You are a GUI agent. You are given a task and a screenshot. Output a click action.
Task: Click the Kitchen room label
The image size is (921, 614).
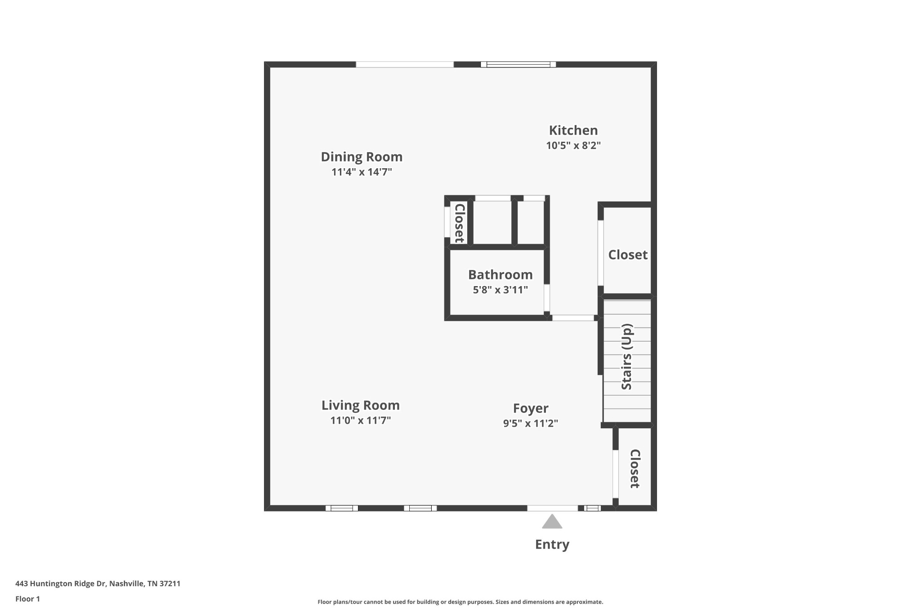pos(573,130)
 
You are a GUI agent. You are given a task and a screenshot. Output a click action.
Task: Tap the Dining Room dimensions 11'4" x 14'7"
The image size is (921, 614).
pos(362,172)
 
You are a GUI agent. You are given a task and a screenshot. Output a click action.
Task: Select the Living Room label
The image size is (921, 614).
pos(360,405)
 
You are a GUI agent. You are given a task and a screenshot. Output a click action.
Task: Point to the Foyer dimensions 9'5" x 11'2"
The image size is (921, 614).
pos(530,423)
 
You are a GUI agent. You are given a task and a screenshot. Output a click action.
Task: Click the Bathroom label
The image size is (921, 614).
pos(500,274)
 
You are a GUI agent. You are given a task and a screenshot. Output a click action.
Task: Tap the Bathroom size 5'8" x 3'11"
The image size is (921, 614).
pos(500,290)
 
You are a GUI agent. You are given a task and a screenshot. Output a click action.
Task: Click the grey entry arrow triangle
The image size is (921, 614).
pos(552,522)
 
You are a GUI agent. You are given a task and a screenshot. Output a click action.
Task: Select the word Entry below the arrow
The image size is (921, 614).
pos(552,544)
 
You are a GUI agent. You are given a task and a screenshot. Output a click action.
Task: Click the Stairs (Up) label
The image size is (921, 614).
pos(626,357)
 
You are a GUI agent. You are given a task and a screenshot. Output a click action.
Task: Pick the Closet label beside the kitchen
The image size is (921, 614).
pos(627,255)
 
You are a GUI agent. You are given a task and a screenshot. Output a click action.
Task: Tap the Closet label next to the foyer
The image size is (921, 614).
pos(635,469)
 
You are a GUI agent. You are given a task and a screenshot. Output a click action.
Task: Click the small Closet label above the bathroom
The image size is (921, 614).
pos(459,223)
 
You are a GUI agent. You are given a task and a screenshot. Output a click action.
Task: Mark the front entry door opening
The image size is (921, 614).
pos(552,508)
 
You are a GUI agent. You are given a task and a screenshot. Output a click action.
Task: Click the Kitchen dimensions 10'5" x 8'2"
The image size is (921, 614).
pos(573,146)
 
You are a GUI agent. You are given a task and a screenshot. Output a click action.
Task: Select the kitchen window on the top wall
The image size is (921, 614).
pos(518,64)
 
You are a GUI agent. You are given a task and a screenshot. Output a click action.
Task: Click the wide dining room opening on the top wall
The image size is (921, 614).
pos(404,64)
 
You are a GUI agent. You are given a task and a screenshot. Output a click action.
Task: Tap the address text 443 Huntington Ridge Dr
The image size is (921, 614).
pos(98,583)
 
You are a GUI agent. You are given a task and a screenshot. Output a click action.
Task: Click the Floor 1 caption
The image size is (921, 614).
pos(27,599)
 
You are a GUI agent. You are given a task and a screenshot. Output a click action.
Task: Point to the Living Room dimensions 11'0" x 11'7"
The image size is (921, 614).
pos(360,421)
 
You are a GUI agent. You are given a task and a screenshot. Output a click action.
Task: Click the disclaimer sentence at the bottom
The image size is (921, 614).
pos(460,602)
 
